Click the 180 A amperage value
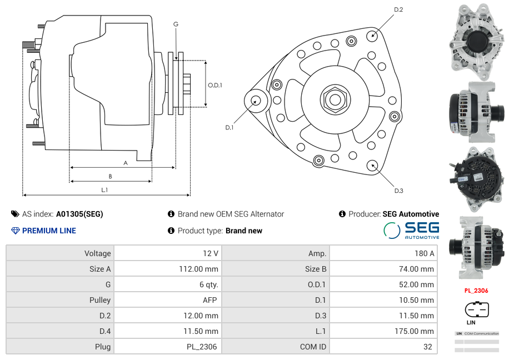click(424, 253)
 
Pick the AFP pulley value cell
click(209, 300)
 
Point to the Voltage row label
click(97, 253)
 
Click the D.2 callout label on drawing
click(398, 10)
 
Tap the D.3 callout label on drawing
click(398, 191)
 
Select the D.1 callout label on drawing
click(229, 127)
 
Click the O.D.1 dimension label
click(215, 85)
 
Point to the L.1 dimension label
click(104, 190)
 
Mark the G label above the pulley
click(176, 24)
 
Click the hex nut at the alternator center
click(335, 99)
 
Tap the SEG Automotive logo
click(411, 230)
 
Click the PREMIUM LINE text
click(49, 231)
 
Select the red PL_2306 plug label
click(476, 290)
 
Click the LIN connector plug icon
click(476, 309)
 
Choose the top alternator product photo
click(476, 39)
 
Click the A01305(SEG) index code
click(79, 214)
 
